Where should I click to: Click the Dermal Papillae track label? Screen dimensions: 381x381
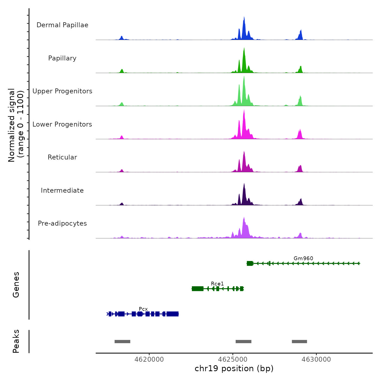click(x=62, y=25)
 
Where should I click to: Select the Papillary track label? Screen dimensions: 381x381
click(x=62, y=58)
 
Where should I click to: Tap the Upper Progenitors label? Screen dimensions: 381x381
click(x=62, y=91)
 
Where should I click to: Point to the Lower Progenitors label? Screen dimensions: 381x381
click(x=62, y=124)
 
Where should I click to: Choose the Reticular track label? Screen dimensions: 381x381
click(x=62, y=157)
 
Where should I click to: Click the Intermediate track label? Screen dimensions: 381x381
click(x=62, y=190)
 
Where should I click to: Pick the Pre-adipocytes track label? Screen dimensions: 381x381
click(x=62, y=223)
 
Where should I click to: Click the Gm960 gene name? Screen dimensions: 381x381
click(x=303, y=258)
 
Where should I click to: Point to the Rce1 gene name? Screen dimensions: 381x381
click(x=217, y=284)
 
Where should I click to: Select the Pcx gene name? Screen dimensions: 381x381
click(x=143, y=309)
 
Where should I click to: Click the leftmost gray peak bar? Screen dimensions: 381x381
click(x=122, y=342)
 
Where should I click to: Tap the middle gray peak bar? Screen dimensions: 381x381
click(x=243, y=342)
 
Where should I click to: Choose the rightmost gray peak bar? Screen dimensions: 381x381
click(x=299, y=342)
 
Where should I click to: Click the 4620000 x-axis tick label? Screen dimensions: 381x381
click(x=149, y=359)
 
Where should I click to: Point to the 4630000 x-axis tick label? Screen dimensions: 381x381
click(x=316, y=359)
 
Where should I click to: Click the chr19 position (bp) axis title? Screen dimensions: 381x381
click(x=234, y=368)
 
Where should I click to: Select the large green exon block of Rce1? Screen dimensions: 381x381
click(x=198, y=288)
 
